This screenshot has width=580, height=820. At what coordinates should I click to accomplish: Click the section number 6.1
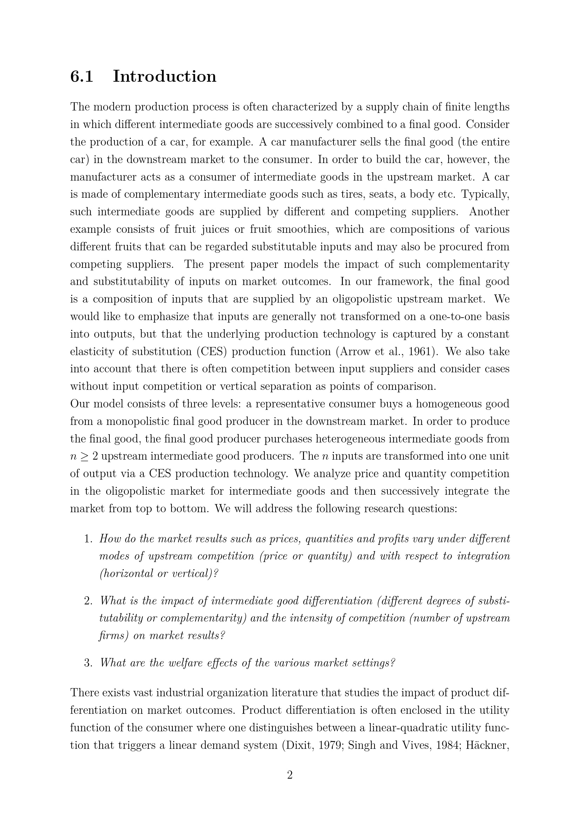click(82, 76)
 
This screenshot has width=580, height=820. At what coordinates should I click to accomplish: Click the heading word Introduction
click(165, 76)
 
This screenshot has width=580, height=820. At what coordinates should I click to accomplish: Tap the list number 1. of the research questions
click(89, 539)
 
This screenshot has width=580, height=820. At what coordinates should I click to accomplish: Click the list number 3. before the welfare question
click(89, 663)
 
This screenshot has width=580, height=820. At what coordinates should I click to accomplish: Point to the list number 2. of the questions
click(89, 601)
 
